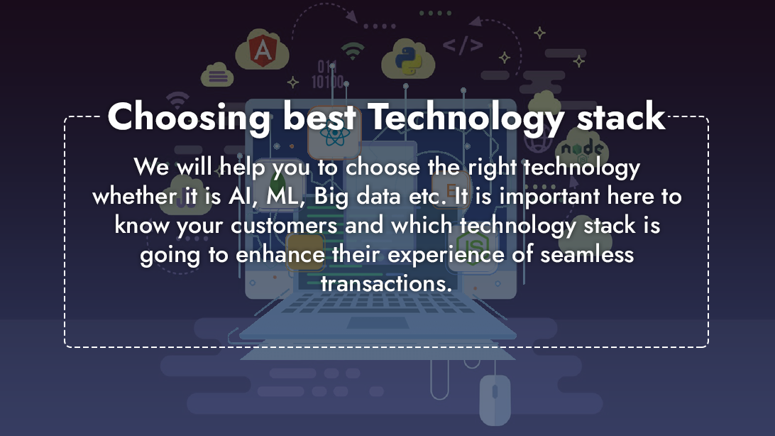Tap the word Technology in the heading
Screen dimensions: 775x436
pyautogui.click(x=466, y=117)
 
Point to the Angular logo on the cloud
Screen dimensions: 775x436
pyautogui.click(x=263, y=50)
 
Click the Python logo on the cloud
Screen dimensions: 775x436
pyautogui.click(x=408, y=60)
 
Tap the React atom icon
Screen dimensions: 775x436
pyautogui.click(x=334, y=133)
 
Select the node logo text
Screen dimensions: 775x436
pyautogui.click(x=582, y=148)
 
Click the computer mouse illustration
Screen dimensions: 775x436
pyautogui.click(x=495, y=399)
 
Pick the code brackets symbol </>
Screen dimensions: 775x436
pyautogui.click(x=463, y=45)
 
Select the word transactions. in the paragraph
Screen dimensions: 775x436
pyautogui.click(x=387, y=284)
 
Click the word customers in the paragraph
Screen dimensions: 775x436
pyautogui.click(x=284, y=226)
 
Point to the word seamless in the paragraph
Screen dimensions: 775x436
pyautogui.click(x=587, y=255)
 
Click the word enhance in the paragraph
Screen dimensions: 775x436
pyautogui.click(x=280, y=255)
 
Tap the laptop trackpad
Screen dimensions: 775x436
pyautogui.click(x=378, y=323)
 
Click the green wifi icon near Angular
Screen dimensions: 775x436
pyautogui.click(x=353, y=51)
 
